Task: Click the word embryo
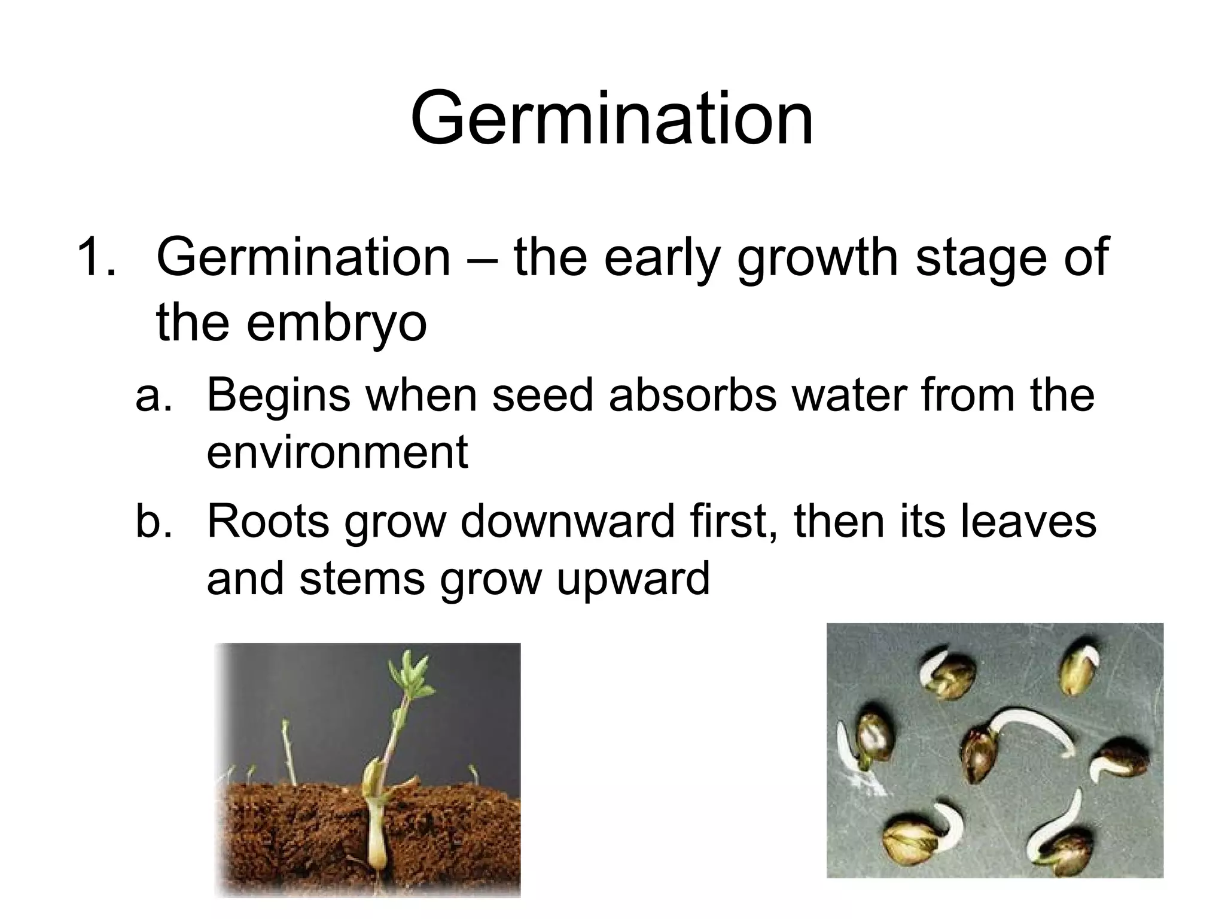336,322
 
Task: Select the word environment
337,452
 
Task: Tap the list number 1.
96,257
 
